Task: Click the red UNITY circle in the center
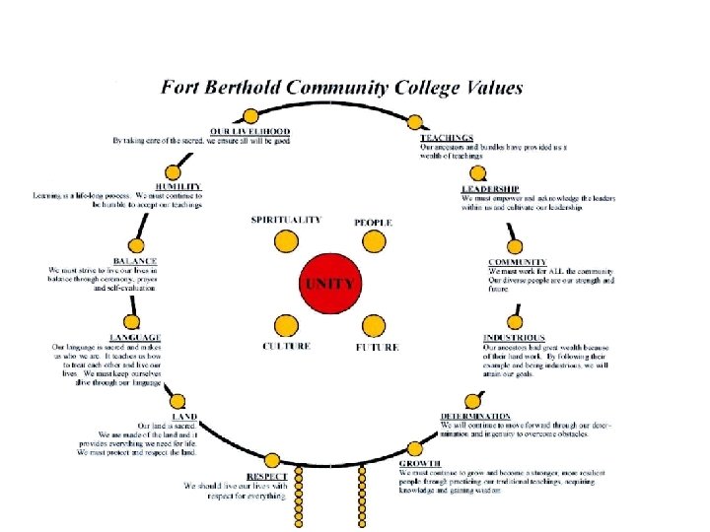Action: [x=330, y=282]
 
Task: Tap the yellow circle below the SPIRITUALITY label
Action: [x=286, y=239]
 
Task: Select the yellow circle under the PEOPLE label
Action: [x=372, y=241]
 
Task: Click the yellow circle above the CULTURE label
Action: [x=286, y=326]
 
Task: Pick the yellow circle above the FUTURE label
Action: [x=373, y=326]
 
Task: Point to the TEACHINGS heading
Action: [x=448, y=137]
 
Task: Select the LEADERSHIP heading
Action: [x=490, y=189]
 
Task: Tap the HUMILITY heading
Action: [x=177, y=187]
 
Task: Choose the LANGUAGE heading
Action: [x=135, y=338]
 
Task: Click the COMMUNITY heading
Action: [x=518, y=262]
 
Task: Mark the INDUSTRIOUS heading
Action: [x=515, y=338]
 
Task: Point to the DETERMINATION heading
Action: [x=475, y=416]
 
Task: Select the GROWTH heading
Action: [x=420, y=463]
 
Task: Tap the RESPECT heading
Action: [x=267, y=476]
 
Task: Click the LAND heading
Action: [x=184, y=417]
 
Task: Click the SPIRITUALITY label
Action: [x=286, y=220]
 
